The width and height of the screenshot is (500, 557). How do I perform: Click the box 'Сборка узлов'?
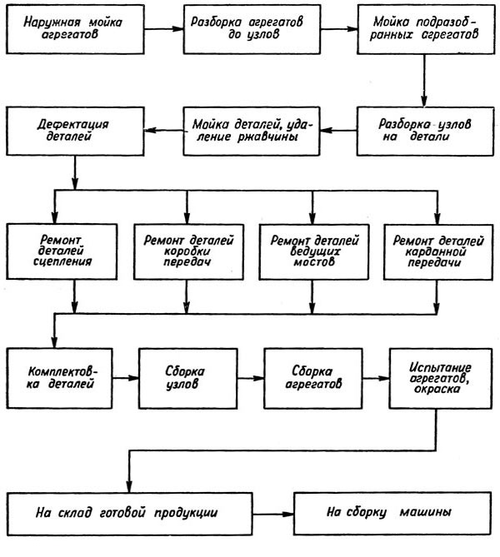pyautogui.click(x=186, y=377)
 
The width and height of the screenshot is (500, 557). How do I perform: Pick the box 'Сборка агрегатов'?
pyautogui.click(x=312, y=377)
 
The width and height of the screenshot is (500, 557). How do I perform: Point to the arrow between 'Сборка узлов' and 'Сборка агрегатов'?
pyautogui.click(x=247, y=377)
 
